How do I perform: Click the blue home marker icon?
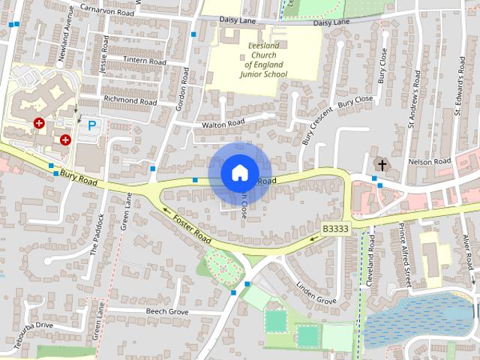coord(239,172)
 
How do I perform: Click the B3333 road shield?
coord(336,228)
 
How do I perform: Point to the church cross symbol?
coord(382,164)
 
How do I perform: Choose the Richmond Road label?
coord(130,100)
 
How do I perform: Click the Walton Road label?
coord(218,122)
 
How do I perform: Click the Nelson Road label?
coord(428,161)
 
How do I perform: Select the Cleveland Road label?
coord(370,268)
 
